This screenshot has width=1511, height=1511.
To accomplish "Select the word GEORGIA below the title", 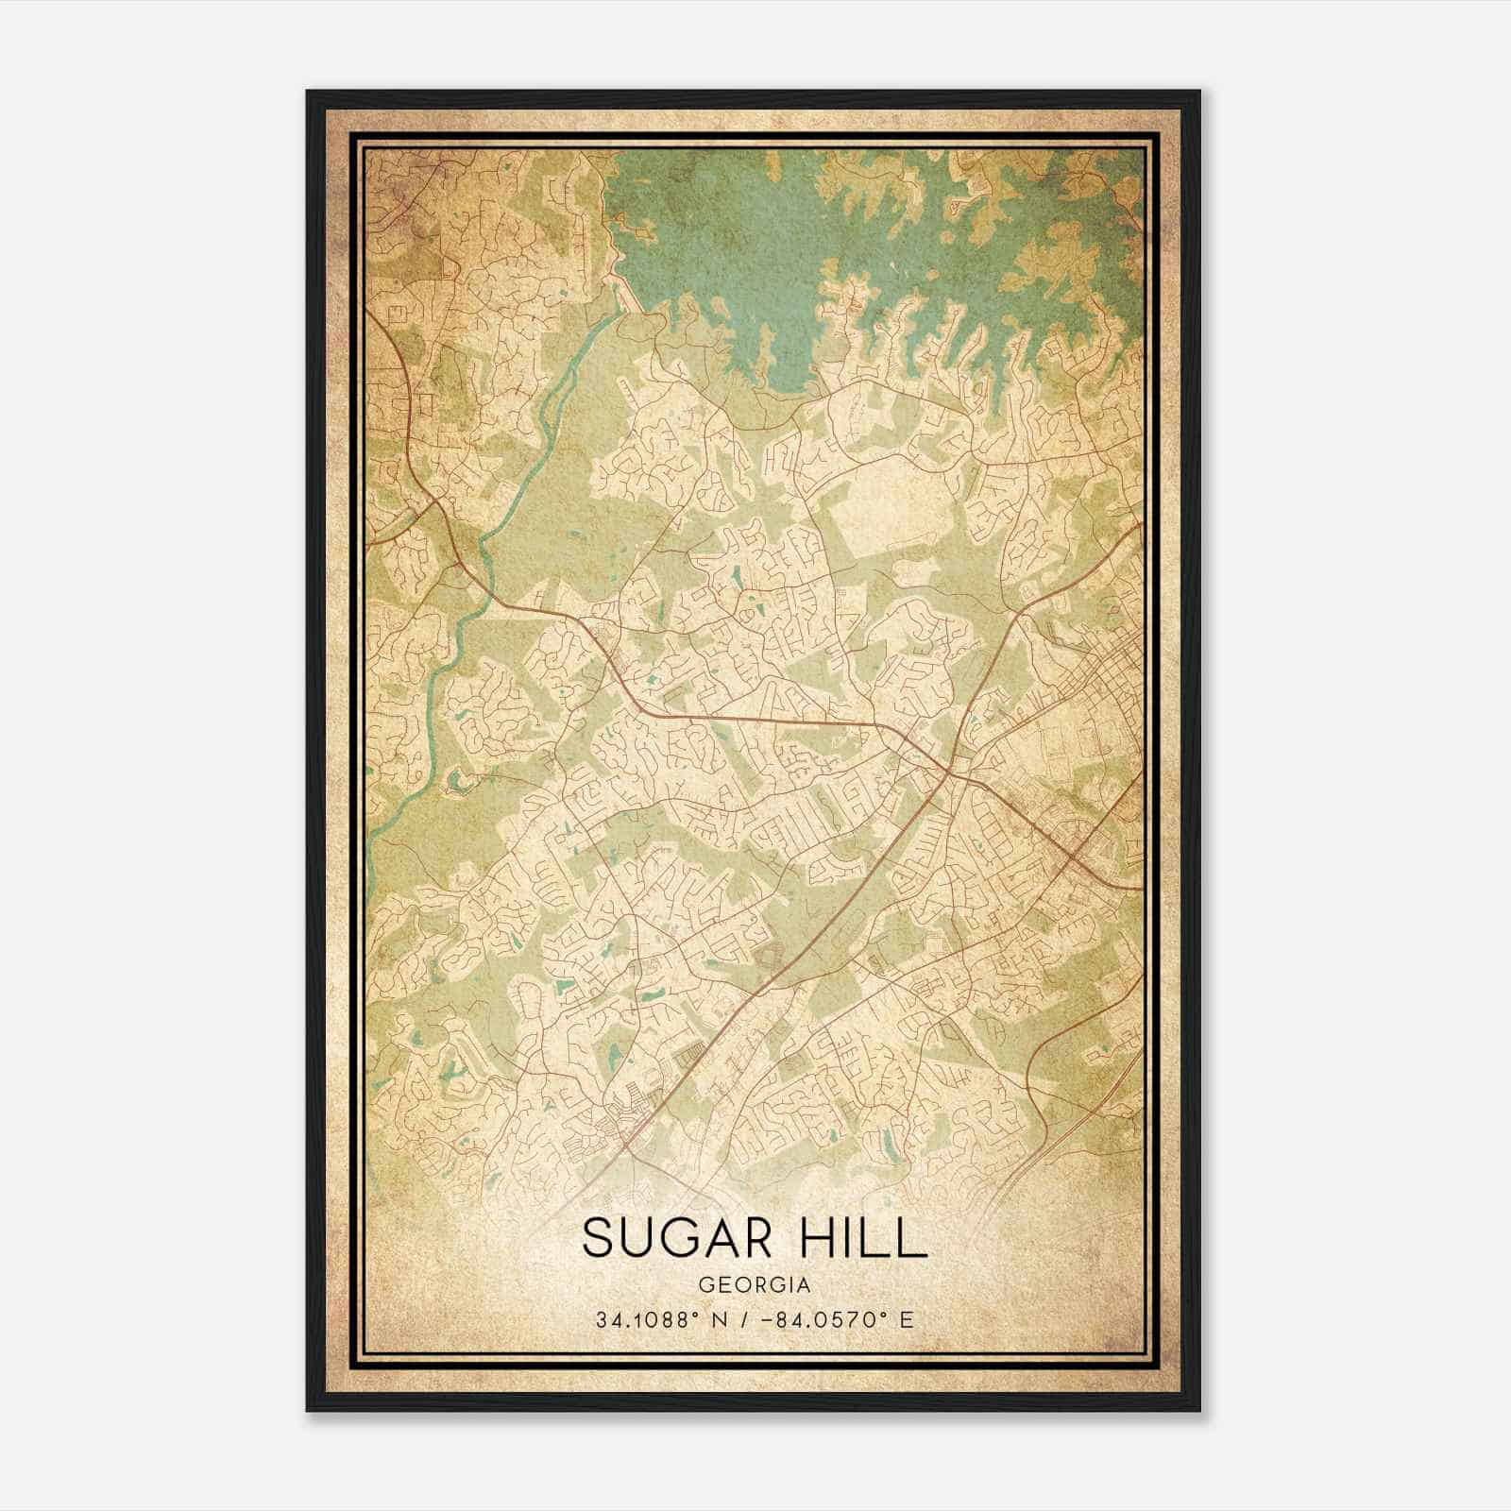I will [755, 1285].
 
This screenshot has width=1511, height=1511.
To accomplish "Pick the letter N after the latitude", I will [722, 1320].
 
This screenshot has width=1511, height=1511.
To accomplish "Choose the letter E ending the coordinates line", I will [908, 1320].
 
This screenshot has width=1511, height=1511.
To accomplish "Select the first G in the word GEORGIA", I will [706, 1285].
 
